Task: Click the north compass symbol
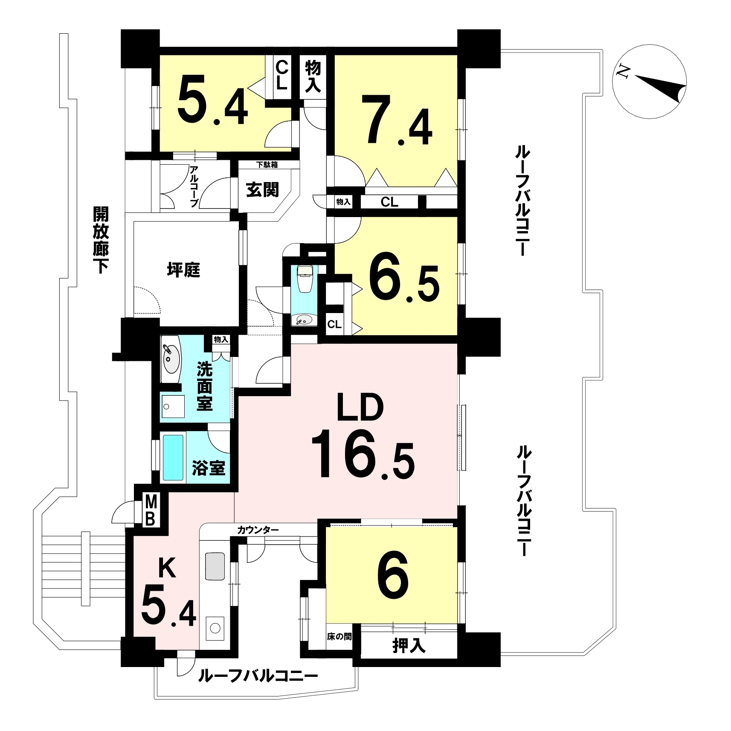click(649, 81)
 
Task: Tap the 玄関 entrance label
click(263, 189)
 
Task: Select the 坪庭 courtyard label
click(183, 270)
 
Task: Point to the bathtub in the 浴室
click(173, 458)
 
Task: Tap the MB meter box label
click(150, 510)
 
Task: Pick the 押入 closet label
click(409, 646)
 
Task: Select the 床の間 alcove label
click(339, 637)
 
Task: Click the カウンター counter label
click(258, 530)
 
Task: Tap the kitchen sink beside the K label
click(215, 566)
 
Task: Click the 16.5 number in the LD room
click(363, 455)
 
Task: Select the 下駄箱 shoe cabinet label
click(267, 164)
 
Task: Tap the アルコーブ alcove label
click(194, 186)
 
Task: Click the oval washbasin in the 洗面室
click(171, 359)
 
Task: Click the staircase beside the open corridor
click(84, 569)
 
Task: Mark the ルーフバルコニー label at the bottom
click(258, 676)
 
